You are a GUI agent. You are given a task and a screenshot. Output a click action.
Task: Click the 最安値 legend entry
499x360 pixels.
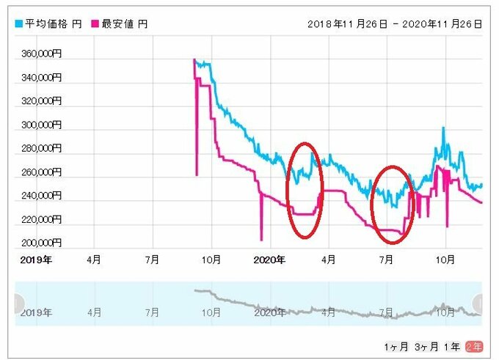click(x=123, y=24)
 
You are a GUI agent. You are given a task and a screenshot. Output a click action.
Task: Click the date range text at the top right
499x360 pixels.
click(x=396, y=24)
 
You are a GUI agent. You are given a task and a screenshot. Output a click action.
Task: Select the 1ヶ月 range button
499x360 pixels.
click(x=396, y=345)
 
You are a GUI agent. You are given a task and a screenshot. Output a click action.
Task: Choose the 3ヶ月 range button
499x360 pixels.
click(x=426, y=345)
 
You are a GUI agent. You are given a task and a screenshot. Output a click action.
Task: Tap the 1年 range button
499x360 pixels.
click(x=453, y=345)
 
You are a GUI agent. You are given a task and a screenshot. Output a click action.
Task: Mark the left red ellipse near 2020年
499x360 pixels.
click(x=304, y=189)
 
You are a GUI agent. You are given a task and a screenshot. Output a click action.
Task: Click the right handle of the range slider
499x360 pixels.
click(x=479, y=303)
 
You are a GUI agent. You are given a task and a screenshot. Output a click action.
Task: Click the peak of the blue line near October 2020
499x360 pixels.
click(x=443, y=128)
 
